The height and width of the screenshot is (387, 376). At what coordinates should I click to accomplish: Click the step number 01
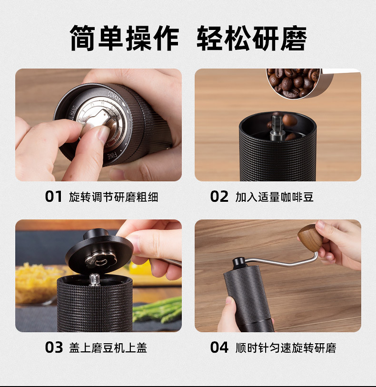pyautogui.click(x=53, y=197)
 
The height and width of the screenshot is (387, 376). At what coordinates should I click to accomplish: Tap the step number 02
pyautogui.click(x=219, y=197)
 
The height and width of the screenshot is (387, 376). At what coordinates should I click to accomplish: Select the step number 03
pyautogui.click(x=54, y=347)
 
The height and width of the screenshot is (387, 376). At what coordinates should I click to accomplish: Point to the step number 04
pyautogui.click(x=219, y=347)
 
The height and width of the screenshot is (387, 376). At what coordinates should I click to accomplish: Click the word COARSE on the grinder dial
pyautogui.click(x=114, y=96)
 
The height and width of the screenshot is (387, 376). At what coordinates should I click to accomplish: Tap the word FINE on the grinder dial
pyautogui.click(x=112, y=156)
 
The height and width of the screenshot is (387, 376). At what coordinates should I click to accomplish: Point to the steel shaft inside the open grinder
pyautogui.click(x=277, y=128)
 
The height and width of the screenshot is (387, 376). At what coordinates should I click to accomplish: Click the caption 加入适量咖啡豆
pyautogui.click(x=274, y=197)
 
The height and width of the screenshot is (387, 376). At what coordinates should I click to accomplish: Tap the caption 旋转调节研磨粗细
pyautogui.click(x=113, y=197)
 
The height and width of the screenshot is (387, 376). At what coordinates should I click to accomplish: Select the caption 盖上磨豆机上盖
pyautogui.click(x=108, y=348)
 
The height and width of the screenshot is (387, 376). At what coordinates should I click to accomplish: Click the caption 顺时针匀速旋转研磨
pyautogui.click(x=286, y=348)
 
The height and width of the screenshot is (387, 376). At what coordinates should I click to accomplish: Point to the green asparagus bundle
pyautogui.click(x=158, y=310)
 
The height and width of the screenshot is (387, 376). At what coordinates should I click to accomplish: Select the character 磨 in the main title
pyautogui.click(x=294, y=38)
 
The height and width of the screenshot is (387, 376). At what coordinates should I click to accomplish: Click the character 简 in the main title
pyautogui.click(x=83, y=38)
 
